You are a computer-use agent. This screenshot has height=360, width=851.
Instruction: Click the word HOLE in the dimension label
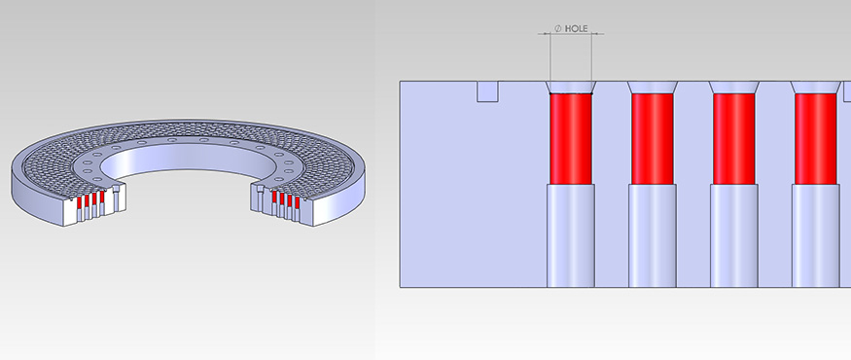pyautogui.click(x=577, y=28)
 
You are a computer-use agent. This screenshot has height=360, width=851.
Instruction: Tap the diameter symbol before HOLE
pyautogui.click(x=558, y=28)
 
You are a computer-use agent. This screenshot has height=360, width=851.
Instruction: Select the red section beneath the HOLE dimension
pyautogui.click(x=570, y=139)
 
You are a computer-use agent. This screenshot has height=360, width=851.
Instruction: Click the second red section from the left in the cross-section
pyautogui.click(x=653, y=139)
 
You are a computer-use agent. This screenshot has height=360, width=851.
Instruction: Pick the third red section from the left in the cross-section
pyautogui.click(x=733, y=139)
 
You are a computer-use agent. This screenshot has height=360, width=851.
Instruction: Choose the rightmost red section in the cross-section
pyautogui.click(x=816, y=139)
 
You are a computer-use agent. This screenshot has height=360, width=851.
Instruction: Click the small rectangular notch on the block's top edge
pyautogui.click(x=487, y=91)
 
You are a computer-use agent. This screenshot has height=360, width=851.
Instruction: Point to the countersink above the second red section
pyautogui.click(x=653, y=88)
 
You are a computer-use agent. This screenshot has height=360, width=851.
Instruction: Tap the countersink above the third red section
pyautogui.click(x=733, y=88)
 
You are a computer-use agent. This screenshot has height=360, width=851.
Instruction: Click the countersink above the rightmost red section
pyautogui.click(x=816, y=88)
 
